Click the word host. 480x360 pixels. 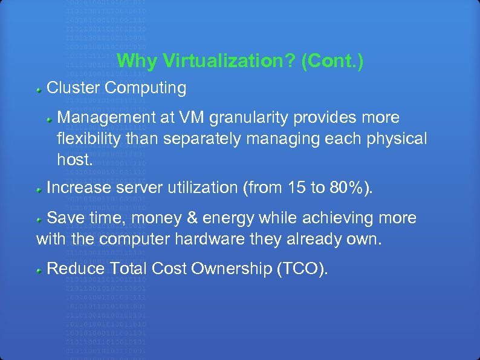[75, 160]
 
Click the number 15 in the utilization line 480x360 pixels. [297, 188]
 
